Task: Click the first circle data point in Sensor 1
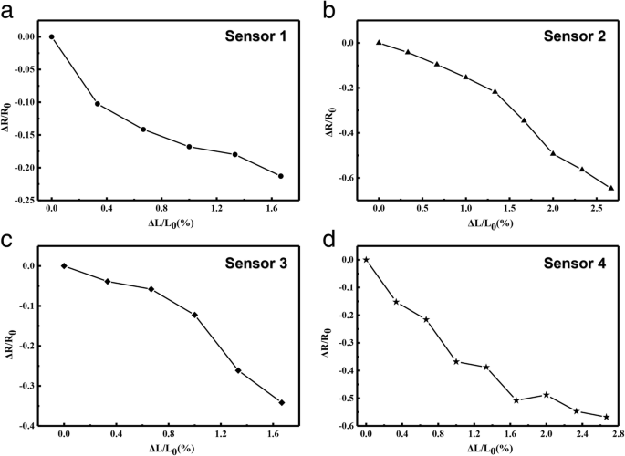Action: pos(51,36)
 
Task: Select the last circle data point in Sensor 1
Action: pos(281,176)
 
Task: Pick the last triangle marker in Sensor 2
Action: pos(610,188)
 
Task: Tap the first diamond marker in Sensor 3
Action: pos(64,265)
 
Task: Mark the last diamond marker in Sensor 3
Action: pos(282,402)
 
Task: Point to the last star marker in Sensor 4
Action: pos(606,417)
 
